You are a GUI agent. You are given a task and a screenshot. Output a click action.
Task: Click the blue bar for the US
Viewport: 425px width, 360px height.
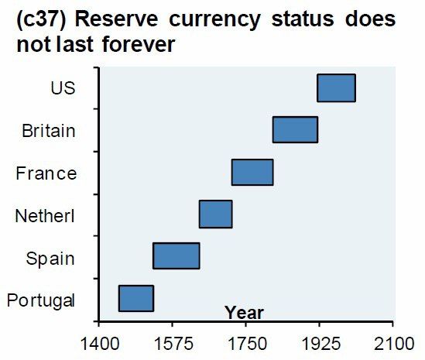click(x=336, y=88)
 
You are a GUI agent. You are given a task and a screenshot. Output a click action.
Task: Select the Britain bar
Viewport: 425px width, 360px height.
click(x=295, y=130)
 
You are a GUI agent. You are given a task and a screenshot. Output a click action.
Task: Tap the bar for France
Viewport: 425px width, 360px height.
click(x=252, y=172)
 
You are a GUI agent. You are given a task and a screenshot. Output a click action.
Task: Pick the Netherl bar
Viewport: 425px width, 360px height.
click(x=215, y=214)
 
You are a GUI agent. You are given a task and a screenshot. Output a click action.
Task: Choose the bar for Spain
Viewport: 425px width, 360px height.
click(x=176, y=255)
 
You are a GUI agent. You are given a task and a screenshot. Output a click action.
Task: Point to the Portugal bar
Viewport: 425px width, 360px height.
click(x=135, y=298)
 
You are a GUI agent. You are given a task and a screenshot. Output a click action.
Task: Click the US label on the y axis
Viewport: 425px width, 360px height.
click(x=63, y=88)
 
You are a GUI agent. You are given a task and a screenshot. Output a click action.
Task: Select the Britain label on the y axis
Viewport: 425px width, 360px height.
click(x=49, y=130)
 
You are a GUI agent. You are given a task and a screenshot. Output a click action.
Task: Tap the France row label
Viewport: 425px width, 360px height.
click(x=46, y=173)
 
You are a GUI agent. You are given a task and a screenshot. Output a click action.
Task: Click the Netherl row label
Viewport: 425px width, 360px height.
click(x=46, y=215)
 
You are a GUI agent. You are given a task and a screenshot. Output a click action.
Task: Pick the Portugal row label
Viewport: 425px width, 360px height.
click(x=40, y=300)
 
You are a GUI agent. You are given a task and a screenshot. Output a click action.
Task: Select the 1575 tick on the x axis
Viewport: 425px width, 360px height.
click(x=171, y=342)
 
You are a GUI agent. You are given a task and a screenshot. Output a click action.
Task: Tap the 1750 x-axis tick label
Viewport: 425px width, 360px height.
click(x=245, y=342)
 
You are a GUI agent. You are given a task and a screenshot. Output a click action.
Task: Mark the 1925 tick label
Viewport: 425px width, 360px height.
click(x=319, y=342)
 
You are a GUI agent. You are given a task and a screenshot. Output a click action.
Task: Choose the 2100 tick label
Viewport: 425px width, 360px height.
click(x=393, y=342)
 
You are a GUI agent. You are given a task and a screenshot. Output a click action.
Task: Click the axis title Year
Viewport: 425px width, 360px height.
click(x=244, y=313)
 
